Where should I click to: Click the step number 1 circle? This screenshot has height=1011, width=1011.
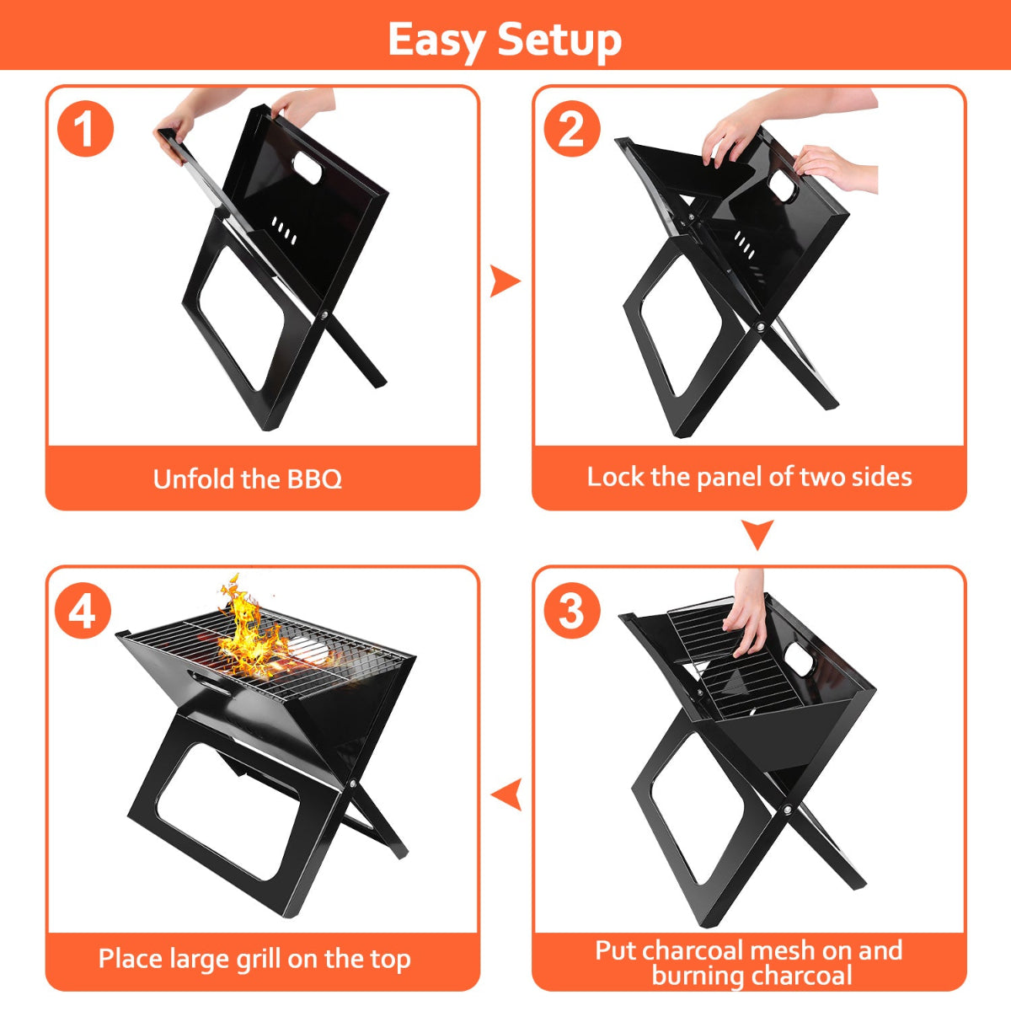coord(85,130)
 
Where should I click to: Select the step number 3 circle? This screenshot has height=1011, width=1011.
coord(572,610)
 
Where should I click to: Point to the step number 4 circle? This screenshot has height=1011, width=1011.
coord(83,610)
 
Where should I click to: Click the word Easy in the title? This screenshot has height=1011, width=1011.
coord(436,40)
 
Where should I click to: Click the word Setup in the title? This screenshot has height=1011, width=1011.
coord(559,40)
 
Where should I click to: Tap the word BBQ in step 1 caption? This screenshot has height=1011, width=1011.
coord(315,479)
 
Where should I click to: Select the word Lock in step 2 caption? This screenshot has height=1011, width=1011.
coord(615,477)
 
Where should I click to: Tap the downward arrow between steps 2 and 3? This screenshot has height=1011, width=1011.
coord(757,534)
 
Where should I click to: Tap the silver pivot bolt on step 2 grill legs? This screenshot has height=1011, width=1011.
coord(761,326)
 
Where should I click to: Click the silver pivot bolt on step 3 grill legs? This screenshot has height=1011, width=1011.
coord(786,810)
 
